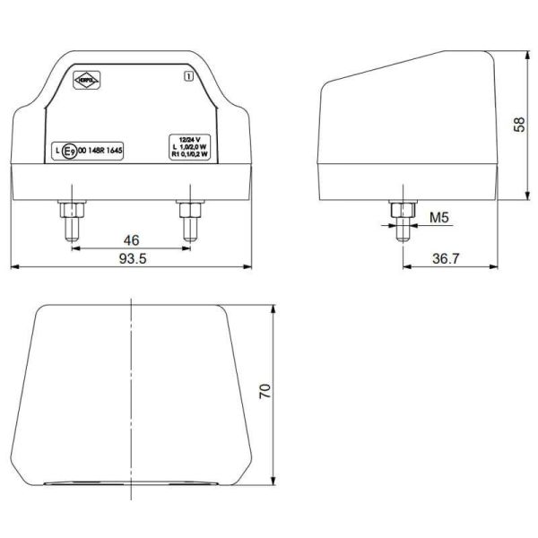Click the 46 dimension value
point(131,239)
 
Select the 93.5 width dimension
point(131,259)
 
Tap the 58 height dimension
point(519,124)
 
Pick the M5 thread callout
point(439,218)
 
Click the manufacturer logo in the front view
point(88,81)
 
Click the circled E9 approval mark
point(69,152)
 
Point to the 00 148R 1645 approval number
point(100,152)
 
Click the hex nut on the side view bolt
point(402,211)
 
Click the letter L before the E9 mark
point(56,152)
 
